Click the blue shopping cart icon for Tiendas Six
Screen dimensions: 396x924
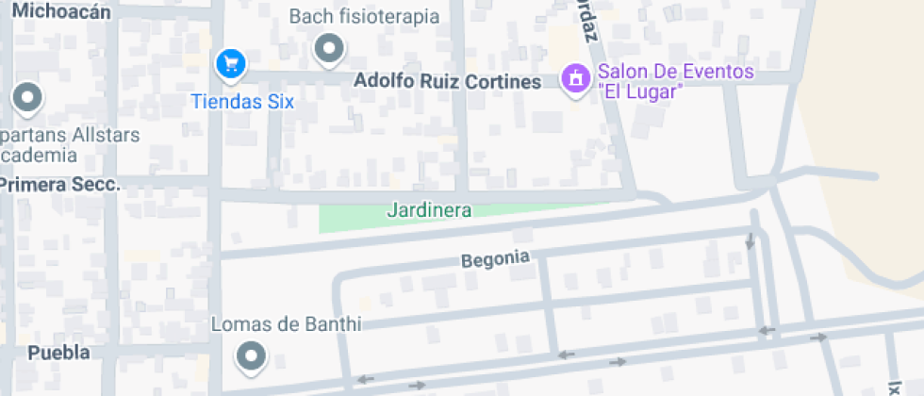click(230, 64)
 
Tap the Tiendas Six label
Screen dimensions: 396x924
click(243, 101)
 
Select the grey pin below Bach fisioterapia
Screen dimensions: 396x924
click(329, 48)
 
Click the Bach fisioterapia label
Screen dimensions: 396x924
click(364, 16)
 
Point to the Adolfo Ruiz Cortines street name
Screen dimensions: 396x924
click(447, 82)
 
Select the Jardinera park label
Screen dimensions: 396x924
click(429, 210)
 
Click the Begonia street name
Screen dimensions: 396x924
click(496, 258)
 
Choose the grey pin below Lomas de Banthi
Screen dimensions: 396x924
click(251, 356)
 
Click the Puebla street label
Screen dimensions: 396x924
click(59, 353)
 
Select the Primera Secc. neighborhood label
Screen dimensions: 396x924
click(60, 185)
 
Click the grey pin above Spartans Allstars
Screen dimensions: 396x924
click(27, 97)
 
